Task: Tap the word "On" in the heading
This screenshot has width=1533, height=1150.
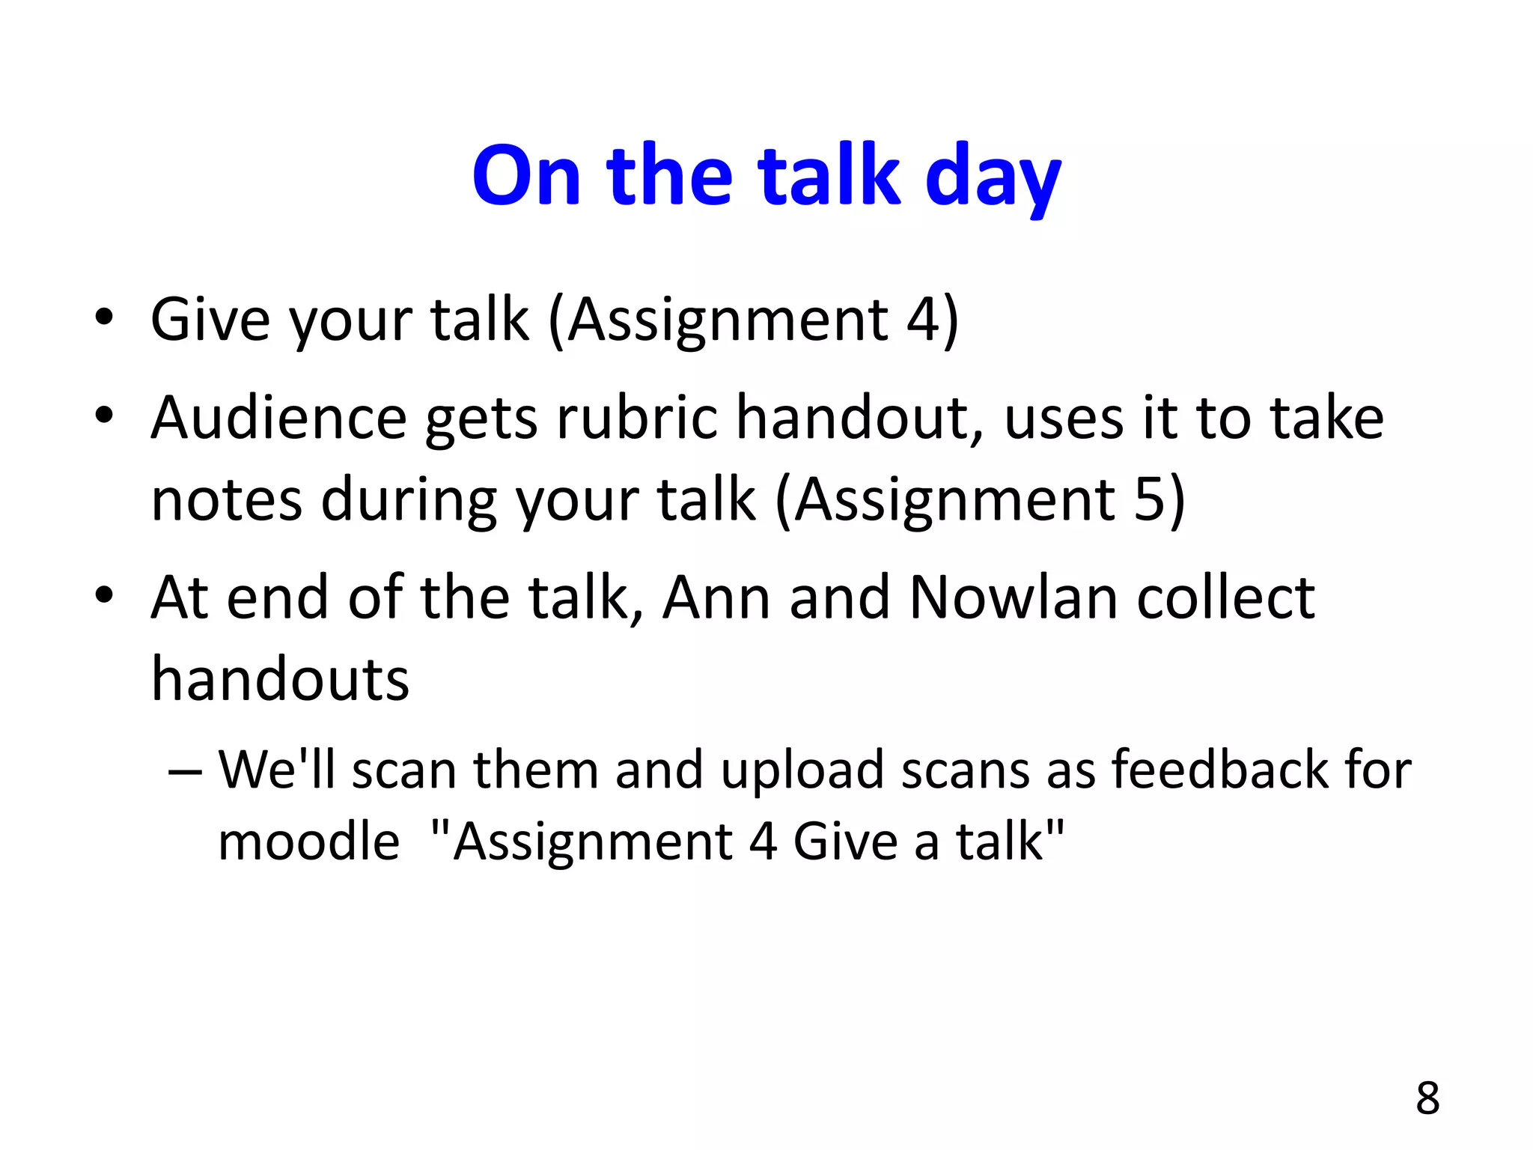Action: pyautogui.click(x=526, y=175)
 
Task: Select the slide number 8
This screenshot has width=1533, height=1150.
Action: pyautogui.click(x=1427, y=1098)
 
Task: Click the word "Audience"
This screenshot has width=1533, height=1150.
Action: pyautogui.click(x=278, y=418)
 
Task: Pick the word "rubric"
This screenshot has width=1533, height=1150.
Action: pyautogui.click(x=637, y=418)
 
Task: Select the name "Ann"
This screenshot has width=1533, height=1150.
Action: pyautogui.click(x=716, y=597)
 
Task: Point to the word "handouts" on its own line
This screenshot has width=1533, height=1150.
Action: pyautogui.click(x=280, y=679)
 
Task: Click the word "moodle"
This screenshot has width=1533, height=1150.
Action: pyautogui.click(x=308, y=842)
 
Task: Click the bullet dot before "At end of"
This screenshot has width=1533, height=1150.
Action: pyautogui.click(x=104, y=596)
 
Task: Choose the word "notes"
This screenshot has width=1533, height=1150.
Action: pyautogui.click(x=227, y=500)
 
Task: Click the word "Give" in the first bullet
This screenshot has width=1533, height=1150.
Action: pyautogui.click(x=210, y=320)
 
